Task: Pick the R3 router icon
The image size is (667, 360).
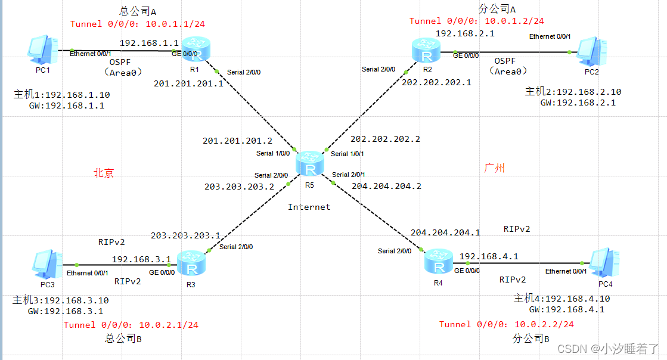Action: (x=191, y=263)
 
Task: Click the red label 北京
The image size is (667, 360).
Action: (x=103, y=173)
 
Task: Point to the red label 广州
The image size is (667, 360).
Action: (x=495, y=168)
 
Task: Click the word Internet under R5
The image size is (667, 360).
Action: (x=309, y=207)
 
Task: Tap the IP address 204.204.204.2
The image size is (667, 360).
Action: (x=386, y=186)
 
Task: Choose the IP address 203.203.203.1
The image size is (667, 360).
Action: (x=185, y=235)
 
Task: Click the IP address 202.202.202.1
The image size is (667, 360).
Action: (x=436, y=83)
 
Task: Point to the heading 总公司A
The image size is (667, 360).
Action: (x=138, y=11)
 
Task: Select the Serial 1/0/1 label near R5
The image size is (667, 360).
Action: (x=348, y=154)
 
